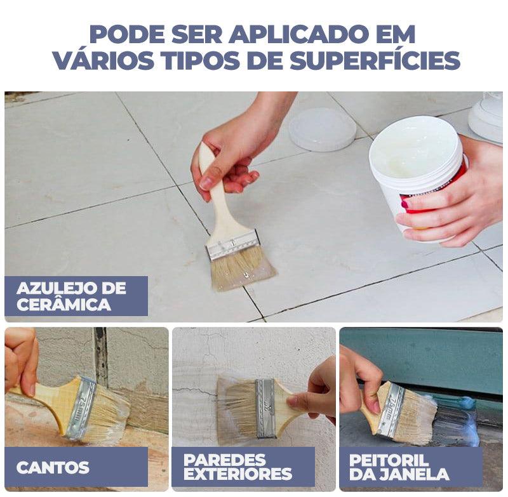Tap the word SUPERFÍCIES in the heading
[x=375, y=60]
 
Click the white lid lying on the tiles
[x=322, y=128]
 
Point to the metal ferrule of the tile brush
[x=233, y=244]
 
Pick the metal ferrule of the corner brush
[x=81, y=408]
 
